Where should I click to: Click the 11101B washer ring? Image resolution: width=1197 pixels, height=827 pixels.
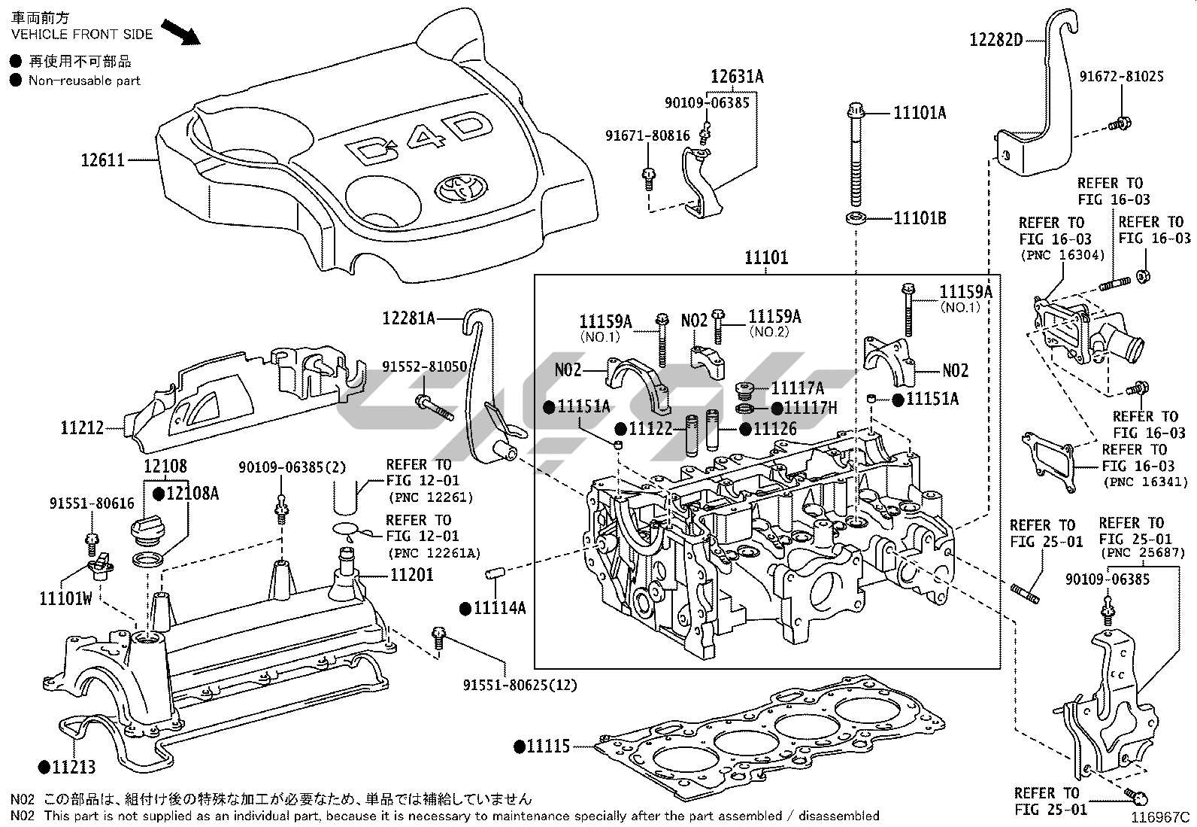click(x=855, y=218)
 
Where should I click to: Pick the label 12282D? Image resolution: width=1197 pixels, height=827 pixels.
click(x=996, y=40)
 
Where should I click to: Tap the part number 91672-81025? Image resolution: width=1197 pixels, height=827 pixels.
click(x=1121, y=76)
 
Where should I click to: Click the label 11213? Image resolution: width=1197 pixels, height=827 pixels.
click(x=73, y=767)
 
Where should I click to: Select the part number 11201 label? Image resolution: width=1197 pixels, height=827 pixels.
click(x=411, y=576)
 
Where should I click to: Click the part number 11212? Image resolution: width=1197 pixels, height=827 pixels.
click(x=83, y=427)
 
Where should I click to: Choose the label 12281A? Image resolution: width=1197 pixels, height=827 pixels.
click(x=408, y=318)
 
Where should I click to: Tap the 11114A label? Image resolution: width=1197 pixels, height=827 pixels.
click(x=499, y=607)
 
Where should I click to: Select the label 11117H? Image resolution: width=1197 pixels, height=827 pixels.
click(x=810, y=407)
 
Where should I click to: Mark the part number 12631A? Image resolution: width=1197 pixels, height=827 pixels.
click(x=738, y=76)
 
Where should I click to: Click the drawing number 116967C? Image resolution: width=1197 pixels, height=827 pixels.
click(x=1162, y=816)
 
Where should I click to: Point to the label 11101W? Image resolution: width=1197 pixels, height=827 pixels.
click(x=65, y=598)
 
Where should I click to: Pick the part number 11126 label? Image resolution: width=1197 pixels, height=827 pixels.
click(x=774, y=429)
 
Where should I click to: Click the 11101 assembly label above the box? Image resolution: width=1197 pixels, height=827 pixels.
click(x=766, y=257)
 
